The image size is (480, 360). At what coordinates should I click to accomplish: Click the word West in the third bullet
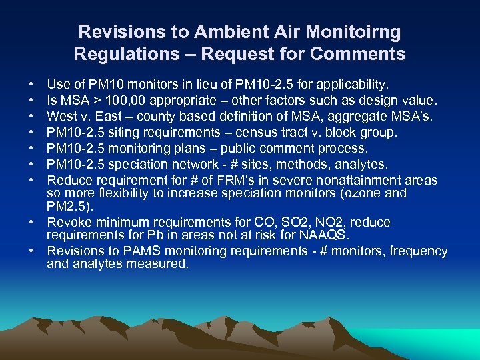click(61, 117)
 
